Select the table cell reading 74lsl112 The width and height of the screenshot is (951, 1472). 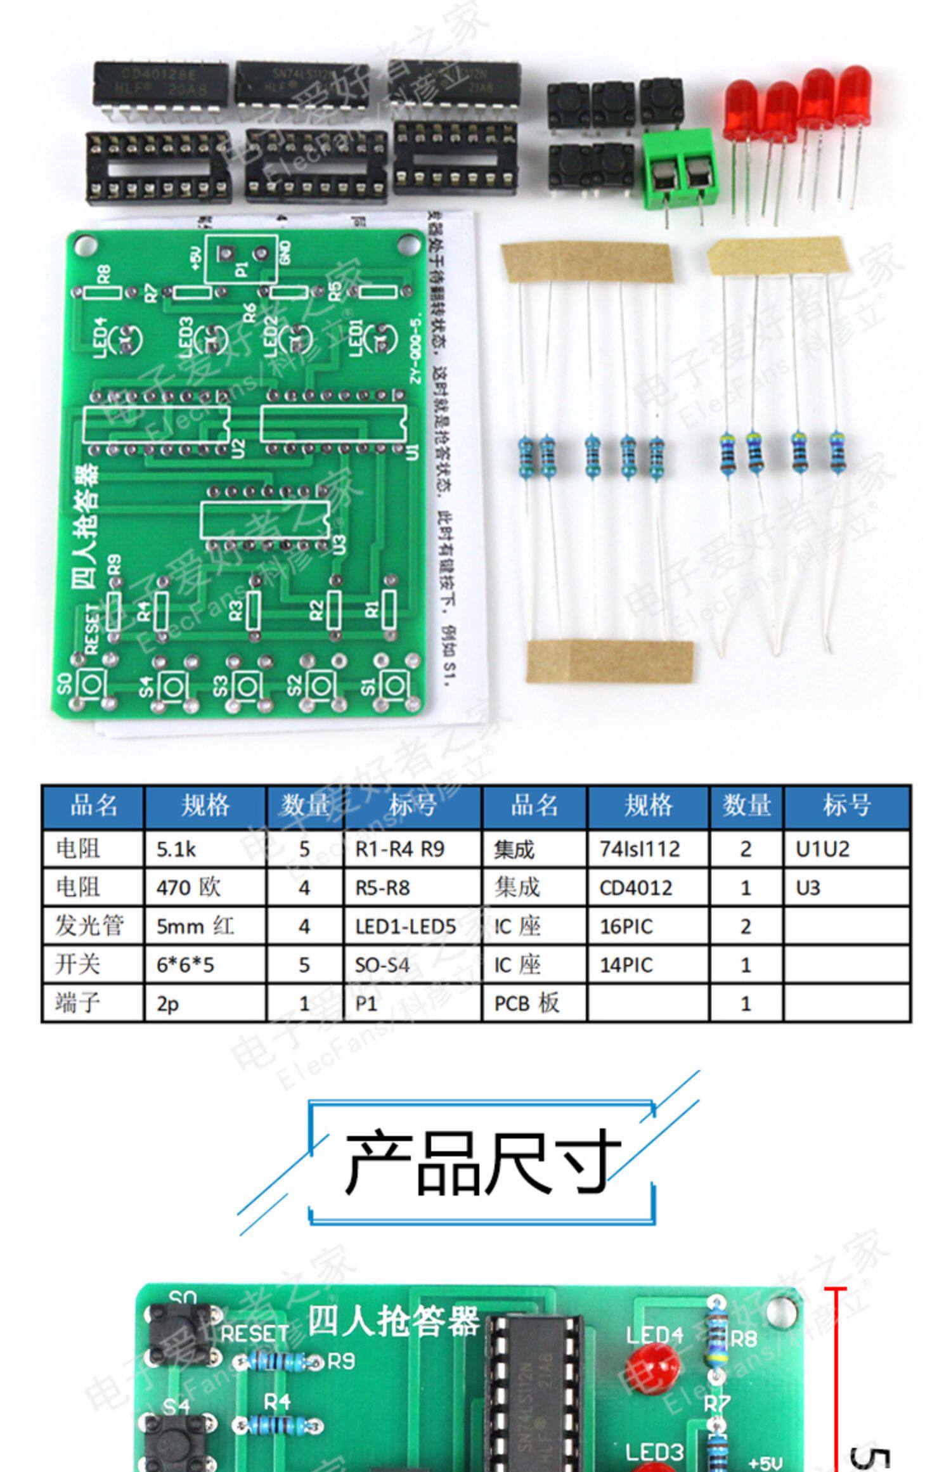coord(647,849)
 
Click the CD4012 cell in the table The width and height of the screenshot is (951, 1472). coord(647,888)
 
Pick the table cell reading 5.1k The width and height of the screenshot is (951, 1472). coord(204,849)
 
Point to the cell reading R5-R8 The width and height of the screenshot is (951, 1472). coord(413,888)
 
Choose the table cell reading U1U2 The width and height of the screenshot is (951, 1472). coord(846,849)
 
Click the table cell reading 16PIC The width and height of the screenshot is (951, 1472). coord(647,926)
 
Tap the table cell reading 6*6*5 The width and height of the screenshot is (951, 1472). coord(204,965)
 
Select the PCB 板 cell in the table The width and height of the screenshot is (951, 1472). coord(534,1004)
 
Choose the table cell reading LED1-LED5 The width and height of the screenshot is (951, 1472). coord(413,926)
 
